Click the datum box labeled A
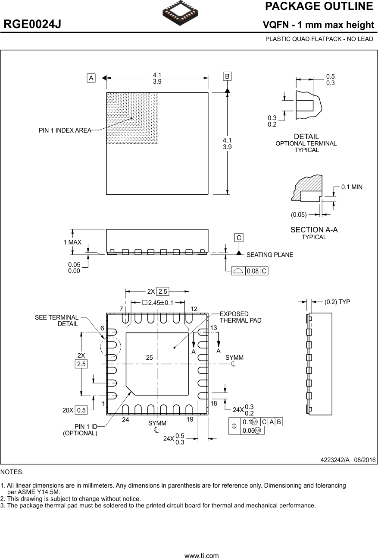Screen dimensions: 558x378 [91, 78]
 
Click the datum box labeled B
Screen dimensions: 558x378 [227, 76]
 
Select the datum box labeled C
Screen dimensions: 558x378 [239, 238]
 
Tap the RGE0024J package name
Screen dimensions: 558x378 [32, 25]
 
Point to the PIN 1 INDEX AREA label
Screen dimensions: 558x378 [65, 130]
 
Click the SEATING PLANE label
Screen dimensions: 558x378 [269, 255]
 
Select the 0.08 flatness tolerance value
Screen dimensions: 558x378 [252, 271]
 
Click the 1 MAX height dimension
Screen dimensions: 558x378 [72, 242]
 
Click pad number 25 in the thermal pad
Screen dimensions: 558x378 [150, 358]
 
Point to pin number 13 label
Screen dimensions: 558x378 [213, 328]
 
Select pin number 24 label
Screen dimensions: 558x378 [125, 419]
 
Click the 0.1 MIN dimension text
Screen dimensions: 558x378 [352, 187]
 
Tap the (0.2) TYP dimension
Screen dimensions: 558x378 [337, 302]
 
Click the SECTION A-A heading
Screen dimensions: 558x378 [314, 230]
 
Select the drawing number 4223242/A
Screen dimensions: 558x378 [335, 460]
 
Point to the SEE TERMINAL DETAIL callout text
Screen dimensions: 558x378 [57, 320]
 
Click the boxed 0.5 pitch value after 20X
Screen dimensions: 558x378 [81, 410]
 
